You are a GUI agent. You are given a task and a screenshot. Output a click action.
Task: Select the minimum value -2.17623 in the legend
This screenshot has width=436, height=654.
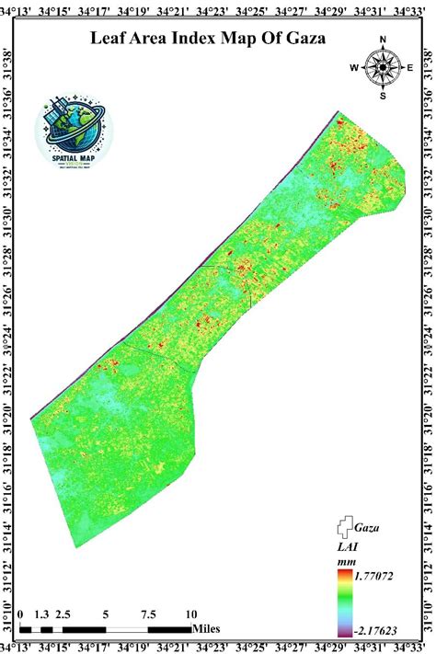click(x=373, y=632)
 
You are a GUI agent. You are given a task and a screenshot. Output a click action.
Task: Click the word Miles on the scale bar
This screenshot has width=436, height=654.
click(x=208, y=629)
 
